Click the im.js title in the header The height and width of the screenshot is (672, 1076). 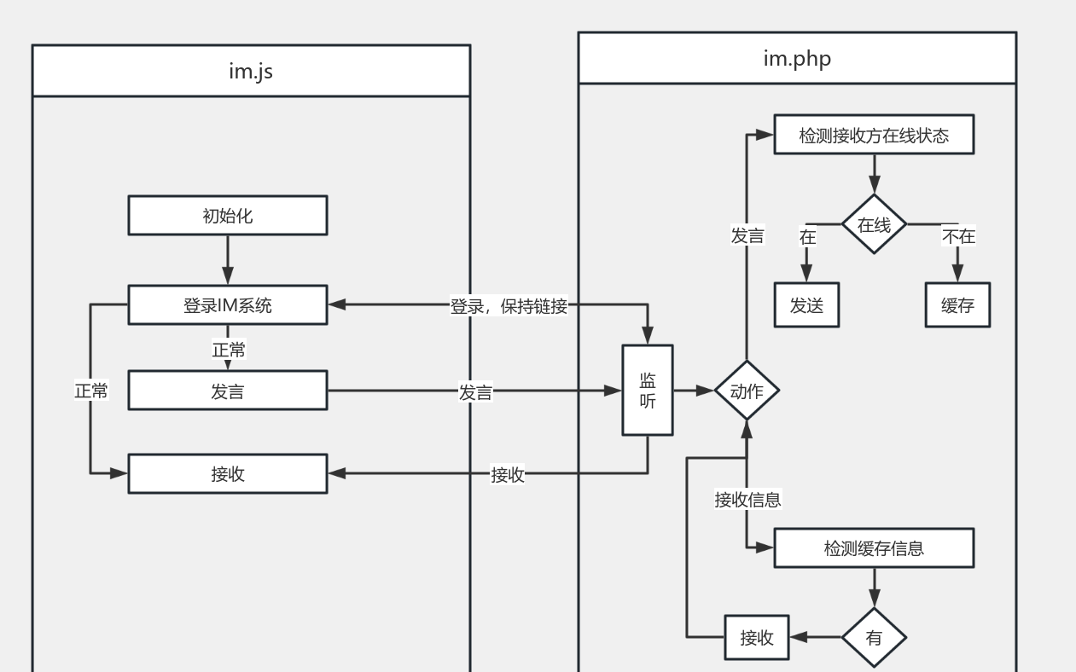pos(251,71)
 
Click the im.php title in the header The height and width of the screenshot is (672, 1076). pos(797,58)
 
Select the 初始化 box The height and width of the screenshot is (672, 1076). pos(228,216)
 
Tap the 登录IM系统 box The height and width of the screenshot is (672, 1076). pos(228,305)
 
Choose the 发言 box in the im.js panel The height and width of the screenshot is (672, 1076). pos(228,391)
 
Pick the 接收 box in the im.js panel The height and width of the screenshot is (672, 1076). pos(228,474)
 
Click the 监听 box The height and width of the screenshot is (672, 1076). pos(648,391)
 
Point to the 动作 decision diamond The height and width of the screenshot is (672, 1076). pos(747,391)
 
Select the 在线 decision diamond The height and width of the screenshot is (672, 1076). pos(874,225)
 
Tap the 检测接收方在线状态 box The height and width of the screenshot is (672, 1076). pos(874,136)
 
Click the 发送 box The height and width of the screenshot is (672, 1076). pos(806,305)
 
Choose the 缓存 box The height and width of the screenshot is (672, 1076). pos(957,305)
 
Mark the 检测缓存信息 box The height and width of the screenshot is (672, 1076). pos(874,548)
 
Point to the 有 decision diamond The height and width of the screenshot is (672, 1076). pos(874,638)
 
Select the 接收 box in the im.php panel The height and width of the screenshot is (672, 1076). pos(757,638)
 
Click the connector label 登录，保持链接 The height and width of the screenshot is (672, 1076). pos(509,306)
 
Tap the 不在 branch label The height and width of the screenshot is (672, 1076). pos(958,236)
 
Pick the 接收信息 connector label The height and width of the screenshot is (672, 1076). pos(747,500)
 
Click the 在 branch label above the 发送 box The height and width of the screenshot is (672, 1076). pos(807,237)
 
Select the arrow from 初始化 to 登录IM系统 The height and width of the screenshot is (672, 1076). pos(228,259)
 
